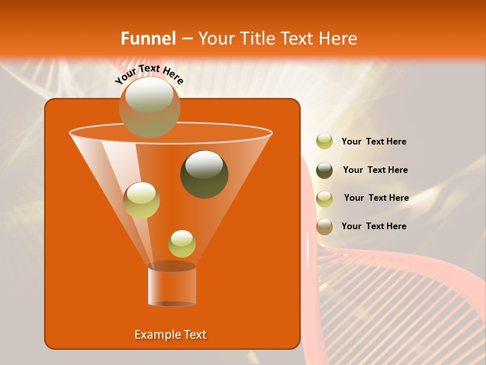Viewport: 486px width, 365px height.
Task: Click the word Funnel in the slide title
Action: tap(148, 39)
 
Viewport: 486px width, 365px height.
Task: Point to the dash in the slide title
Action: tap(186, 39)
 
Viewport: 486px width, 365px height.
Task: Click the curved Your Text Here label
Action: tap(149, 75)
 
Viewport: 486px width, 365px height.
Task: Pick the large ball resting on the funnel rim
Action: tap(150, 107)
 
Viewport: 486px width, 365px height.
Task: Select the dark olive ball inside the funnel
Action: tap(204, 174)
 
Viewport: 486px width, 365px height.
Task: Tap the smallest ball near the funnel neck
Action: tap(182, 244)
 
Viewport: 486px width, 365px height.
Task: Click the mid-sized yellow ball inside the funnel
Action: tap(141, 200)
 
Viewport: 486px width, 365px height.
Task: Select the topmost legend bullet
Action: tap(325, 141)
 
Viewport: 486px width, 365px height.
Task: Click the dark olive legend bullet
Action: tap(325, 170)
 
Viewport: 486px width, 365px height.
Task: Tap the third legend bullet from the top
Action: tap(325, 199)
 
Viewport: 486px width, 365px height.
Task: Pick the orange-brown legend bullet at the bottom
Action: tap(325, 227)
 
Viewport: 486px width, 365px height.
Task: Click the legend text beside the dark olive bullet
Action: tap(375, 170)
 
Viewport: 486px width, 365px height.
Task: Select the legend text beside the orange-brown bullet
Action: tap(374, 226)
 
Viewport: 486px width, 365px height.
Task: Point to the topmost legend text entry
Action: tap(374, 141)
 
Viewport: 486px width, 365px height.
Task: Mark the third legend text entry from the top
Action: tap(376, 198)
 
